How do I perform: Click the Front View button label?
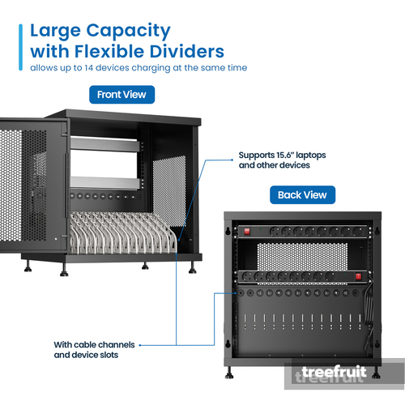122,95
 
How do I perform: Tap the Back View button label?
302,194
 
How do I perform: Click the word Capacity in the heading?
128,32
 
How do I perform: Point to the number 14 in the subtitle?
88,67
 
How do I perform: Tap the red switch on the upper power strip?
247,232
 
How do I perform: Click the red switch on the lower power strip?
358,276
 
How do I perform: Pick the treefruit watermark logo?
335,372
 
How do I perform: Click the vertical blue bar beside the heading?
21,47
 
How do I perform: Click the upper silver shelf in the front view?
105,144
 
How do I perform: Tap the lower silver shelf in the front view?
105,182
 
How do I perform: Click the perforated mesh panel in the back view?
302,257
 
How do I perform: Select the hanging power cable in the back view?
369,318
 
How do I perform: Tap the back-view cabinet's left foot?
229,373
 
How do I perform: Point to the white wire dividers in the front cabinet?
123,232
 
